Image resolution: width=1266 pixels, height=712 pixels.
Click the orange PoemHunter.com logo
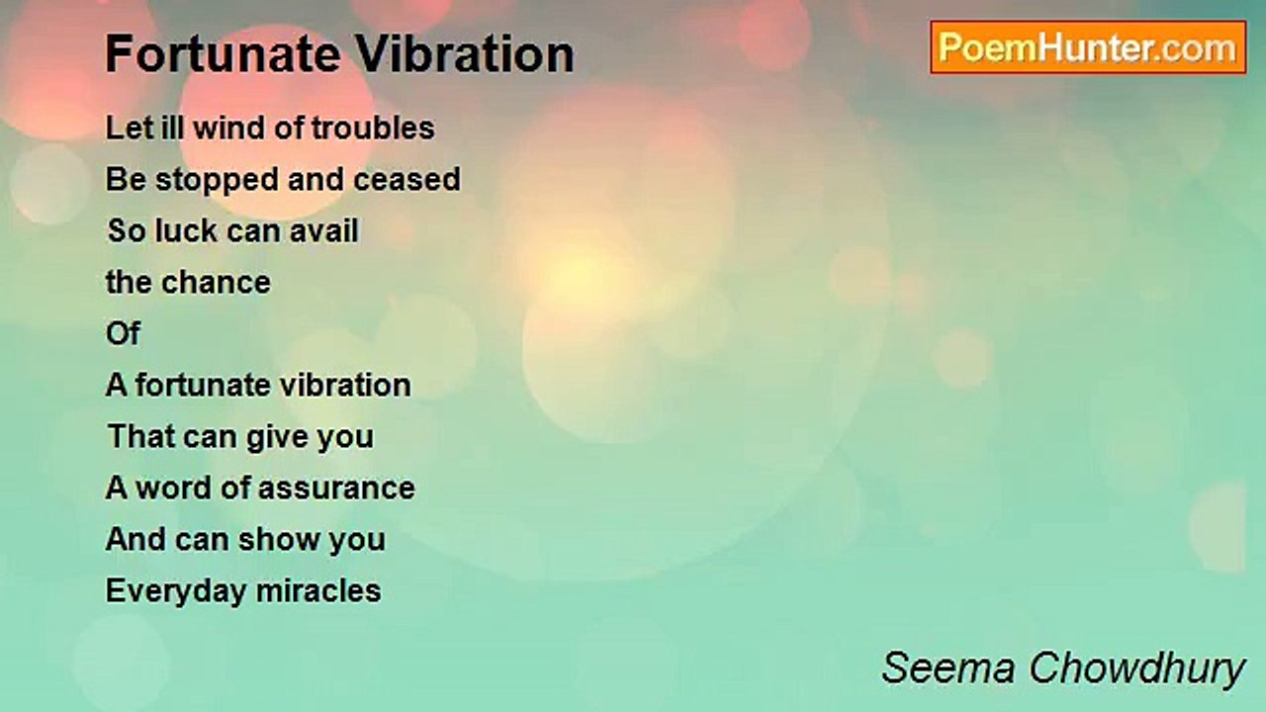click(1087, 47)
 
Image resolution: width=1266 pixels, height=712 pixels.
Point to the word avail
click(321, 231)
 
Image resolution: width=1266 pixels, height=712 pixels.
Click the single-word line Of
click(123, 334)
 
